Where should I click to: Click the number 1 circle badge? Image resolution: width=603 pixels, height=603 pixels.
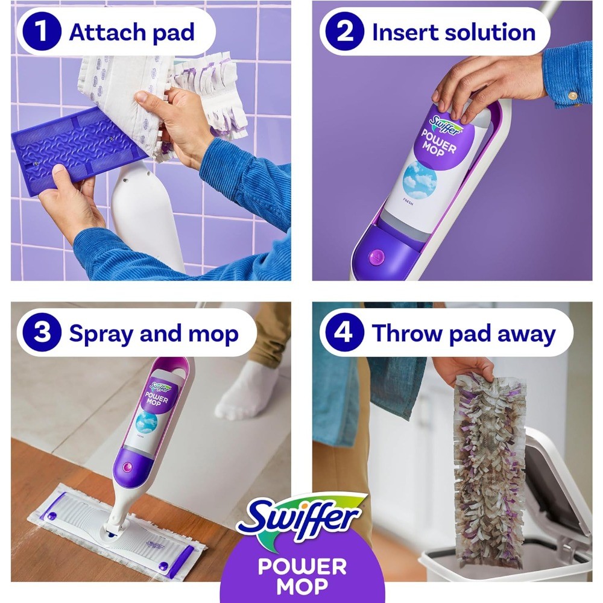pos(42,31)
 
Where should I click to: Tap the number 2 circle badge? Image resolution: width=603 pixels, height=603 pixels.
pos(344,31)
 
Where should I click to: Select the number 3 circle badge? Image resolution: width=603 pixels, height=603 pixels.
pos(42,332)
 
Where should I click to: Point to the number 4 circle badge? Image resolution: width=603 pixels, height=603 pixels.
pos(344,332)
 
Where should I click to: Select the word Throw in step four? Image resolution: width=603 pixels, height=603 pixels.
pos(407,333)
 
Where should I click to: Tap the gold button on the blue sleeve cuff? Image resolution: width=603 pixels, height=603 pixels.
pos(573,95)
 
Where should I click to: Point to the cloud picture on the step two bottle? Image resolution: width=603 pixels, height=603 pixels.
pos(420,179)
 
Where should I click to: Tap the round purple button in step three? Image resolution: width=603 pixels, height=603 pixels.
pos(127,468)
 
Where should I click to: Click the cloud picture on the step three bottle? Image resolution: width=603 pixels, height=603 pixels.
pos(147,422)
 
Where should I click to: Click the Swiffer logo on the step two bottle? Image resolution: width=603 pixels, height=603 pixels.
pos(446,124)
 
